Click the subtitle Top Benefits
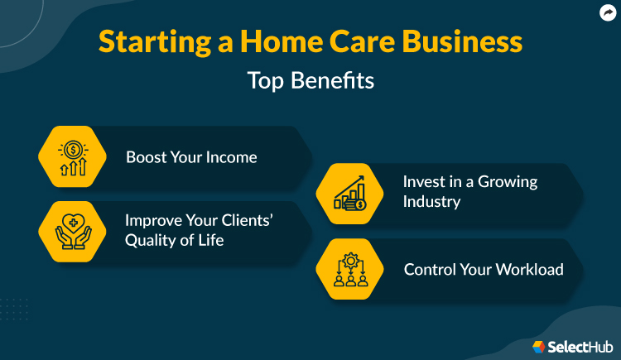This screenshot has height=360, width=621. tap(310, 81)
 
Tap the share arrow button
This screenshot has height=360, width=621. tap(608, 12)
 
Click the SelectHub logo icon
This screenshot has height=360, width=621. tap(539, 346)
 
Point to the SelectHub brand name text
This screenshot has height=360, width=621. tap(578, 346)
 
